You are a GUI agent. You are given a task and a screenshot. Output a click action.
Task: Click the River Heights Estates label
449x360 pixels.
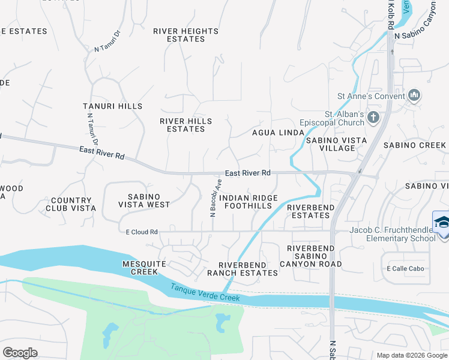pos(185,35)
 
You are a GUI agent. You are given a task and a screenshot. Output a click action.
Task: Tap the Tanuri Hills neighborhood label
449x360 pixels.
pos(113,106)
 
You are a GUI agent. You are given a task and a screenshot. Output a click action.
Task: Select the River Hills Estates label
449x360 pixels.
pos(185,125)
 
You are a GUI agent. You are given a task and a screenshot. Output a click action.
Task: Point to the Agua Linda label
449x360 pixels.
pos(274,133)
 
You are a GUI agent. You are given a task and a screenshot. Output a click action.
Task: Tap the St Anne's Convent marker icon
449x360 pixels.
pos(414,95)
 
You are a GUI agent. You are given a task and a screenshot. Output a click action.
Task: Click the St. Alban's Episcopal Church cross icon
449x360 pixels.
pos(373,118)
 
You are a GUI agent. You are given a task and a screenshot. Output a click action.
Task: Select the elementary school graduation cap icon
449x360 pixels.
pos(442,223)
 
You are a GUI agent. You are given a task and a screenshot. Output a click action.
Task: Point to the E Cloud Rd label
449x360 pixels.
pos(141,232)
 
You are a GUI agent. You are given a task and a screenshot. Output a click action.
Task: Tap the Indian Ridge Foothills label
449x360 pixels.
pos(248,202)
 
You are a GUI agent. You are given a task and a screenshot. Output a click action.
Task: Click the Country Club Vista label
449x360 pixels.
pos(71,205)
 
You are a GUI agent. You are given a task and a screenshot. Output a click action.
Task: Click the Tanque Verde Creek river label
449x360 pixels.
pos(205,293)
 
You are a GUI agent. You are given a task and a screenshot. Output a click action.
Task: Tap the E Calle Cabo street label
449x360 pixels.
pos(405,268)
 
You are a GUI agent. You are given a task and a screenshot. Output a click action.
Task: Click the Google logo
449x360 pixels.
pos(20,353)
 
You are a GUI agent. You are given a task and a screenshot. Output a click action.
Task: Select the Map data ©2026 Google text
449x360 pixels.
pos(411,355)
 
